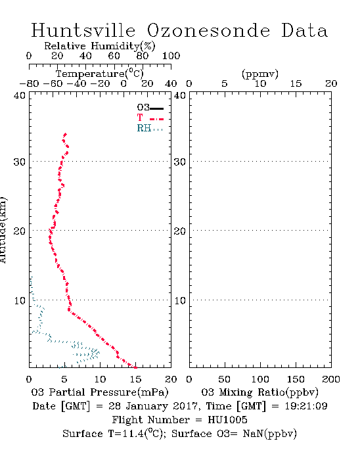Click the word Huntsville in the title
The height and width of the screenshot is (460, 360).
pos(83,30)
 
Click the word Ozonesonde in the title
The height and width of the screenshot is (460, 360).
pos(208,30)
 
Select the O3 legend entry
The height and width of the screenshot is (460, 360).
pos(150,108)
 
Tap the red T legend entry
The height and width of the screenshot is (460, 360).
pos(150,118)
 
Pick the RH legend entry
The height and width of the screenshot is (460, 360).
pos(150,128)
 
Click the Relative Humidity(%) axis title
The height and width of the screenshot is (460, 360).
pos(100,46)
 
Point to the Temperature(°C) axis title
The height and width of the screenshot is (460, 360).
pos(100,74)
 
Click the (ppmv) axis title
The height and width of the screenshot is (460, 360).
pos(260,74)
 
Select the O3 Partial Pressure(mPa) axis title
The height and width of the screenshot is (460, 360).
pos(100,392)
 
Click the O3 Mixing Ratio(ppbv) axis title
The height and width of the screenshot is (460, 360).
pos(259,392)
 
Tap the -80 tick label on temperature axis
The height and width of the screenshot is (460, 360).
pos(29,84)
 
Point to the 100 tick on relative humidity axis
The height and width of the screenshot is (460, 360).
pos(171,56)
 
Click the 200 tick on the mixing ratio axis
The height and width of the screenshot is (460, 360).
pos(331,379)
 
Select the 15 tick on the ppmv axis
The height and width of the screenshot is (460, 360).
pos(296,84)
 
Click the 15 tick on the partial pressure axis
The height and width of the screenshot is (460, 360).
pos(135,379)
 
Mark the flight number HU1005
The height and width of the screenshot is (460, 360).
pos(227,420)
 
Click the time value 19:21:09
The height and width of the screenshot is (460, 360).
pos(306,406)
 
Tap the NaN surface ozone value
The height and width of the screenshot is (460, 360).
pos(253,434)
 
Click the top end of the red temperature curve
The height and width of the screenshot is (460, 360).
pos(66,134)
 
